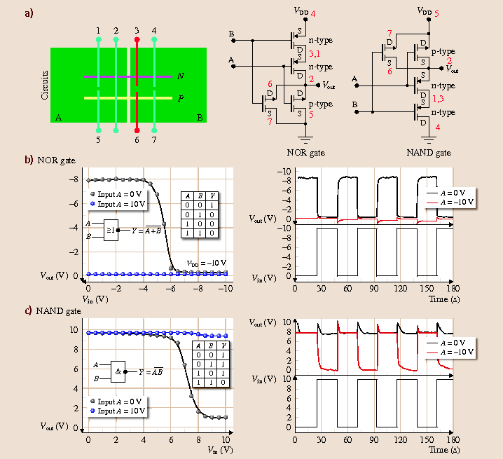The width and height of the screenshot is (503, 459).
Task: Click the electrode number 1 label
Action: point(98,31)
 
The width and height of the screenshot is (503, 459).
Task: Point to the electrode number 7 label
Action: point(154,140)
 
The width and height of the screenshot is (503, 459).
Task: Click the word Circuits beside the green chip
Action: point(45,85)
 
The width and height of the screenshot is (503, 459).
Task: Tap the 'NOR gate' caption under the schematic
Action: point(305,152)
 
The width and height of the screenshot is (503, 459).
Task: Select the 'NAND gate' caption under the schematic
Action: point(429,152)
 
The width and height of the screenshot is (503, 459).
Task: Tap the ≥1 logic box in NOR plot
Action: point(111,228)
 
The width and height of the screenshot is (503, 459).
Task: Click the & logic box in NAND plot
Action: point(118,371)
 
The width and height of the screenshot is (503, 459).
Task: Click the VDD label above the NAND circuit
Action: point(424,11)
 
